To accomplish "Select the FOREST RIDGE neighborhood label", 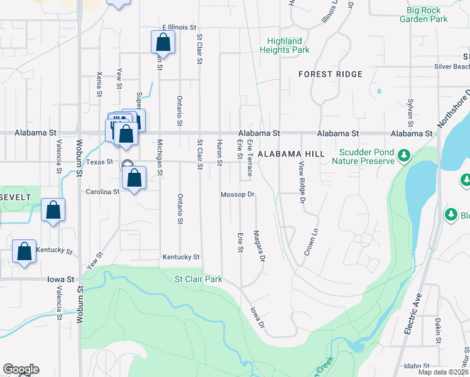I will pos(331,74).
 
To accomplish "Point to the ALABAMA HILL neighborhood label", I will pos(291,153).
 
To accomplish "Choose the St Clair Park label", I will pos(199,279).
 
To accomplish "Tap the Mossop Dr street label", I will pos(237,195).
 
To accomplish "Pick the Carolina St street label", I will pos(103,192).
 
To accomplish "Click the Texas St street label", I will pos(99,162).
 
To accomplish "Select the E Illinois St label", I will pos(180,28).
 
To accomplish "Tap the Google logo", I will pos(21,369).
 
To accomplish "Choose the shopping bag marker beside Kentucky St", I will pos(24,253).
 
